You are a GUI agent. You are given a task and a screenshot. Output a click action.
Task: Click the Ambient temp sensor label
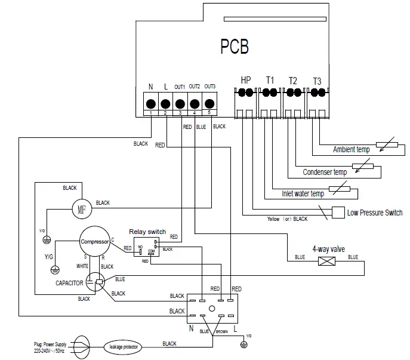[x=351, y=149]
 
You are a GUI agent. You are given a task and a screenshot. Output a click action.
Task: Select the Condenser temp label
[x=325, y=172]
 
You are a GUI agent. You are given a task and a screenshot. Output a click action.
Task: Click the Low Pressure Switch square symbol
[x=338, y=212]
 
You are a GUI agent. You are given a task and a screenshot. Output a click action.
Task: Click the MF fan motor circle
[x=81, y=210]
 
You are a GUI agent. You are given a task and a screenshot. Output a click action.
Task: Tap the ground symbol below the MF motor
[x=46, y=239]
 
